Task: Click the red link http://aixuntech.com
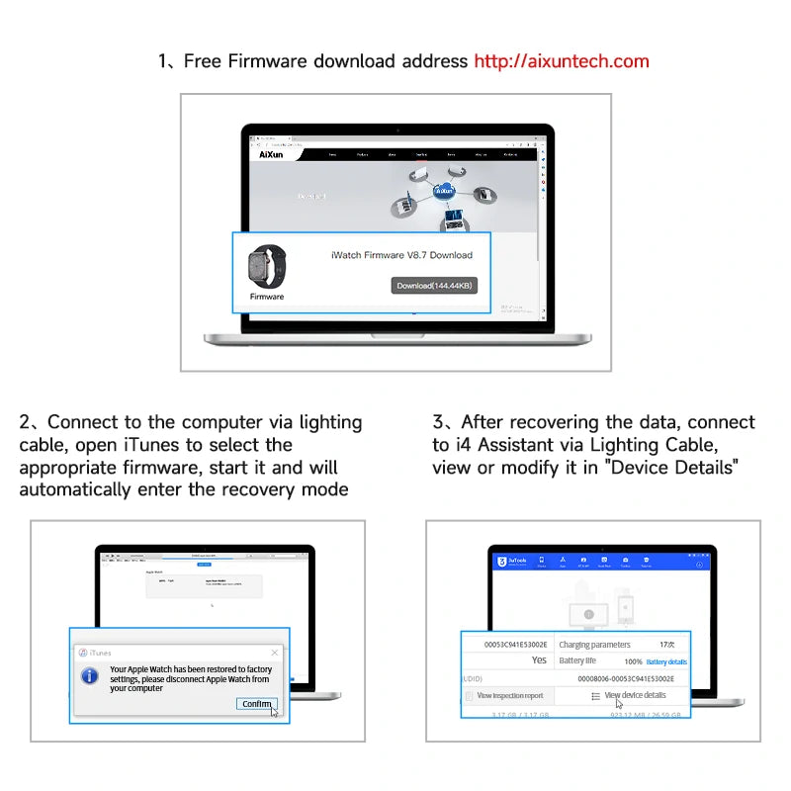click(x=562, y=61)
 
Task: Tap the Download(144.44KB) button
click(x=434, y=286)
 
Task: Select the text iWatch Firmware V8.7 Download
click(x=401, y=255)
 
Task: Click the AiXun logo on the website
click(x=271, y=154)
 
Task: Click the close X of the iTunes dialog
click(x=274, y=653)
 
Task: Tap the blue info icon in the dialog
click(x=89, y=676)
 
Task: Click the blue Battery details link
click(x=666, y=661)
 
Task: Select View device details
click(x=635, y=695)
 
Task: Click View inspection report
click(x=509, y=695)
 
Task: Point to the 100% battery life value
click(x=633, y=661)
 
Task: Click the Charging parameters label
click(x=594, y=645)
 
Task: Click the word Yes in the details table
click(x=539, y=660)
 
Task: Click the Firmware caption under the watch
click(x=267, y=297)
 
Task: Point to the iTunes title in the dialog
click(x=100, y=653)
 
